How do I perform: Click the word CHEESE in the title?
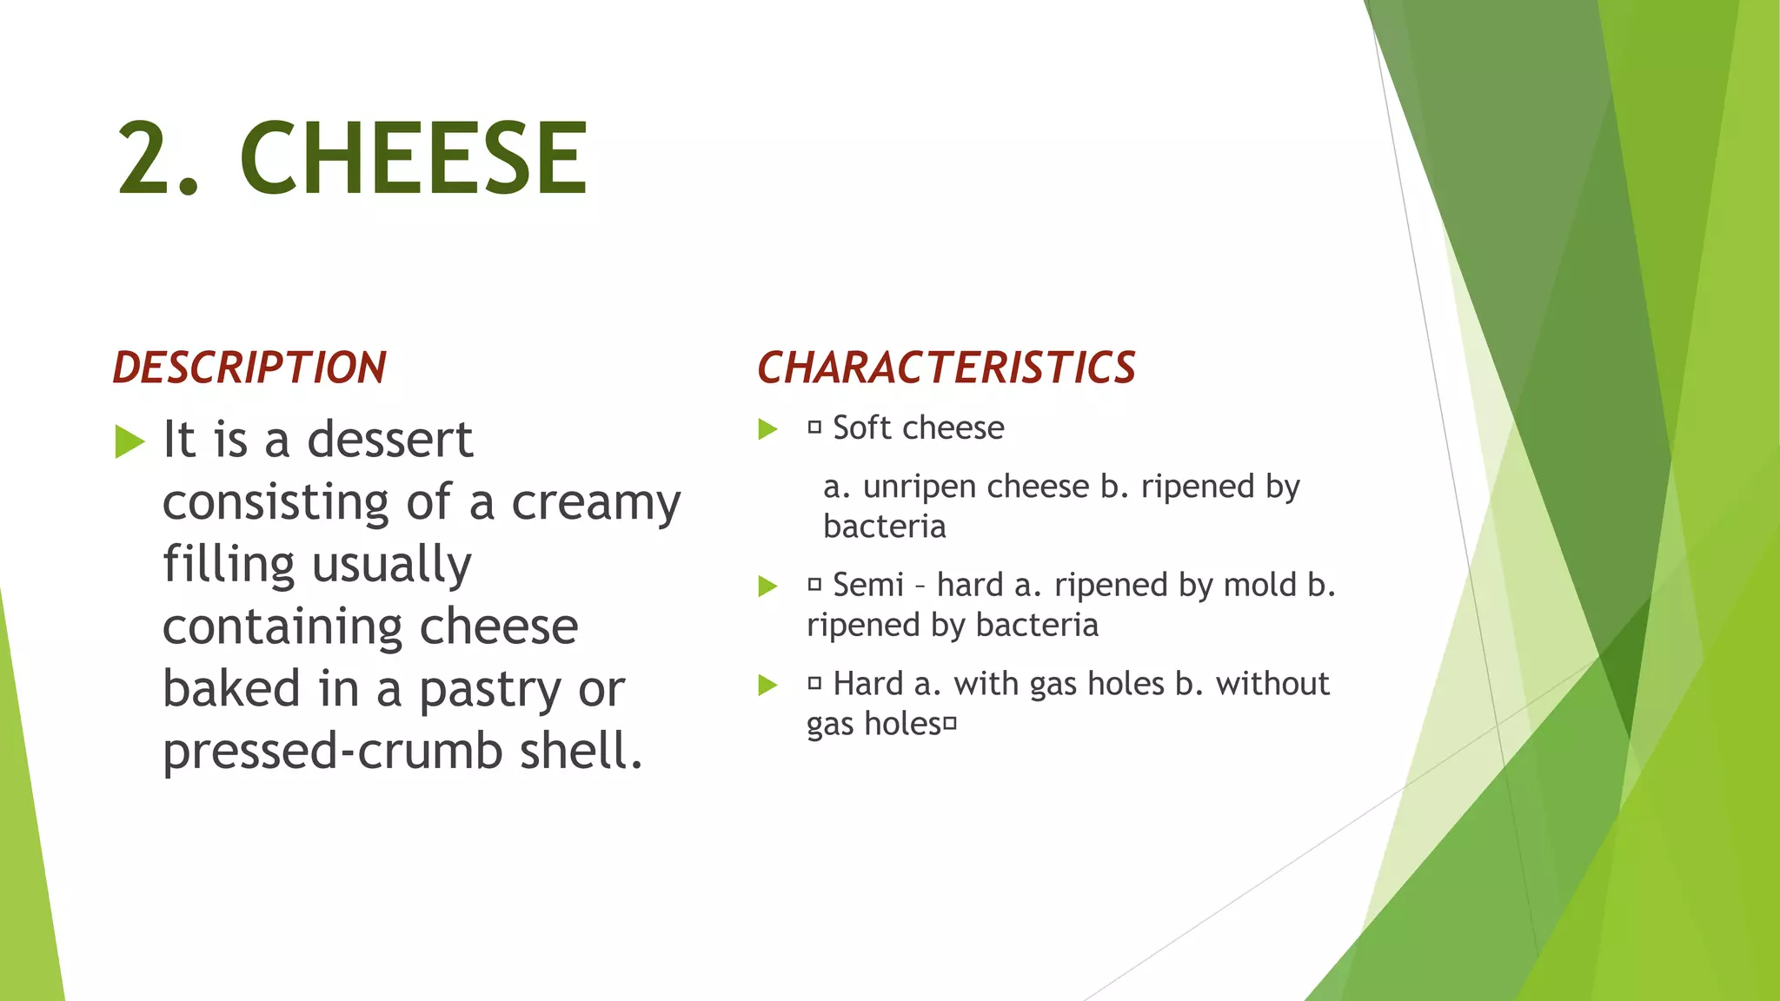pos(414,158)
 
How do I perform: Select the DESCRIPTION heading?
pos(249,368)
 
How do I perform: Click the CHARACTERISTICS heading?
pos(946,368)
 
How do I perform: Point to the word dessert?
pos(390,439)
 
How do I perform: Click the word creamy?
pos(595,503)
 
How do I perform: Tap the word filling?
pos(229,565)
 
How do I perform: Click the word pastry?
pos(492,690)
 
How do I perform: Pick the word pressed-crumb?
pos(333,751)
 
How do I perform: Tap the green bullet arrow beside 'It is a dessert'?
pos(130,441)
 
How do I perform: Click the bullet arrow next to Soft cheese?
pos(767,429)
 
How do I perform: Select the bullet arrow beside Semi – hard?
pos(767,587)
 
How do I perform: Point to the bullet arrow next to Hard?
pos(767,686)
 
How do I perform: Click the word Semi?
pos(868,586)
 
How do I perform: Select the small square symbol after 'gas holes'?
pos(950,724)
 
